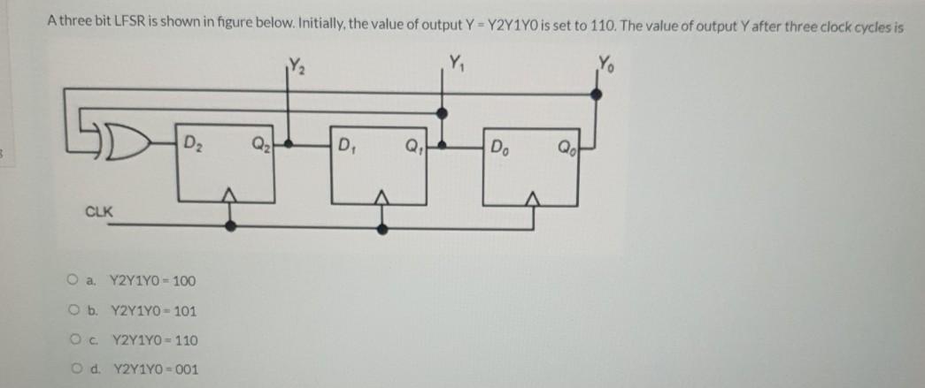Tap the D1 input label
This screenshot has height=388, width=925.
347,143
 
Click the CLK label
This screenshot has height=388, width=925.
97,211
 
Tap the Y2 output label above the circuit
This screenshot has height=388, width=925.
295,63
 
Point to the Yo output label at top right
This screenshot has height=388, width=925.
605,63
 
